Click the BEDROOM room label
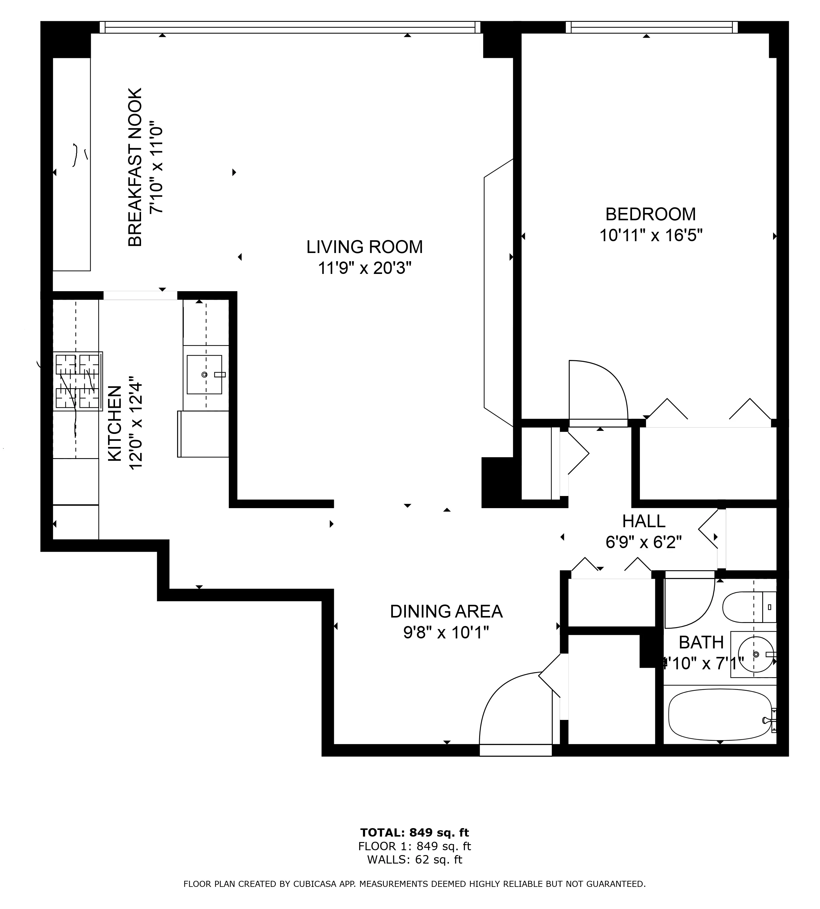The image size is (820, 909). click(x=650, y=214)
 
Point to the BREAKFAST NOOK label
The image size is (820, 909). click(x=135, y=167)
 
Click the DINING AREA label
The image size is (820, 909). click(x=446, y=611)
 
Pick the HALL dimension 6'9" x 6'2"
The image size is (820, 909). click(x=644, y=542)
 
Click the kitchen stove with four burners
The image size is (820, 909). click(x=77, y=381)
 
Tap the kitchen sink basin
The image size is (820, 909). click(x=204, y=374)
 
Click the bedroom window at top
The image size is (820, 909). click(x=652, y=28)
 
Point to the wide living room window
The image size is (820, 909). click(x=290, y=28)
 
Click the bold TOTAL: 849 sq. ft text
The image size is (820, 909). click(x=414, y=832)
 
